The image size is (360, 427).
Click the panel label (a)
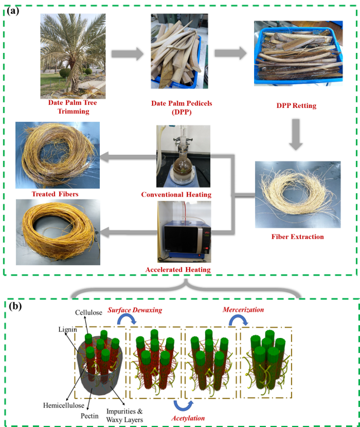[x=13, y=11]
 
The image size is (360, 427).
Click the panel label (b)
[x=15, y=306]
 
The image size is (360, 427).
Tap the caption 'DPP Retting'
[x=296, y=106]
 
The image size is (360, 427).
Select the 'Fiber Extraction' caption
[x=298, y=237]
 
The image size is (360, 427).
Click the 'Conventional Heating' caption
[x=176, y=194]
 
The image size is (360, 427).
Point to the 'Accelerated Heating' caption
[x=178, y=269]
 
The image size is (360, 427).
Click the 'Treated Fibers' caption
[x=55, y=194]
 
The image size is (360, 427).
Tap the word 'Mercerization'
[x=243, y=310]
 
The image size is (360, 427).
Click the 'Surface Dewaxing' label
[x=135, y=310]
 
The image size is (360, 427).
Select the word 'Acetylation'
[x=188, y=418]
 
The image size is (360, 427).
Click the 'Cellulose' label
[x=89, y=312]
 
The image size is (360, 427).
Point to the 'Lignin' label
[x=67, y=330]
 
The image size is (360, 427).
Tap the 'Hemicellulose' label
[x=64, y=405]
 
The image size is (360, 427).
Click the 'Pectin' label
[x=89, y=416]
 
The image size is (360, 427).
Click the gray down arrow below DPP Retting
[x=296, y=135]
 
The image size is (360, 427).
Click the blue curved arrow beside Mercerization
[x=238, y=318]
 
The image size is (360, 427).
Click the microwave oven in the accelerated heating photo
[x=187, y=239]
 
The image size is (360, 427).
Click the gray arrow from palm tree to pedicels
[x=127, y=53]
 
